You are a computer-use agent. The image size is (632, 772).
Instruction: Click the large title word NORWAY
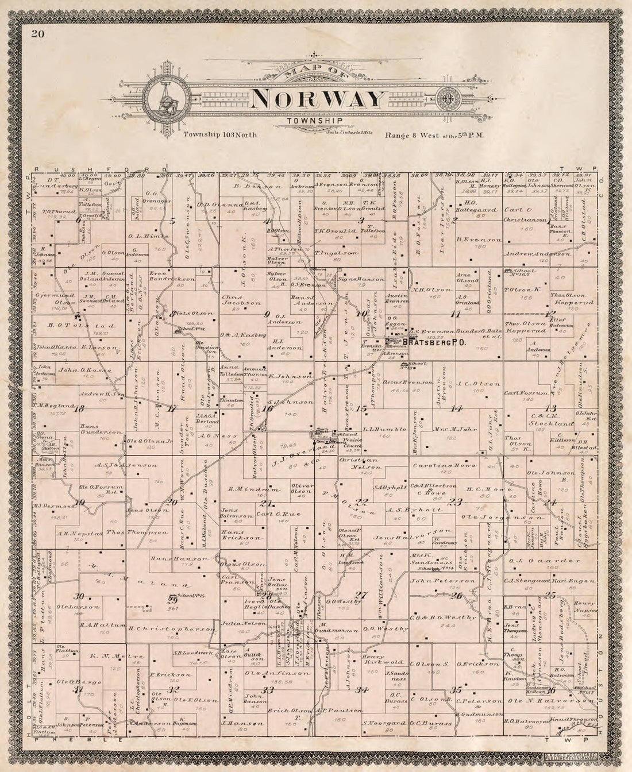point(317,99)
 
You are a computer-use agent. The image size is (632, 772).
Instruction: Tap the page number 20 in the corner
point(38,33)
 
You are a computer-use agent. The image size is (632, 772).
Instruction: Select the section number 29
point(171,599)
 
